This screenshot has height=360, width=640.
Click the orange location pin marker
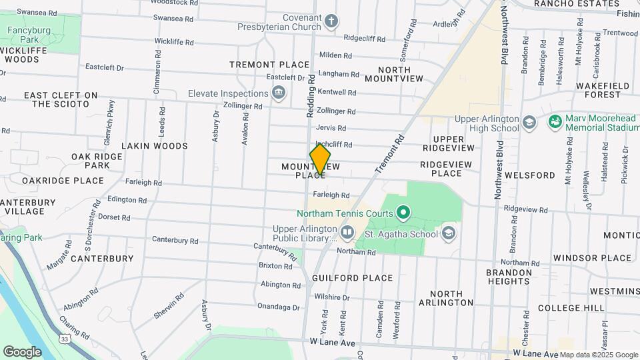click(x=320, y=160)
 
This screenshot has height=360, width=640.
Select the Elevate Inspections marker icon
click(x=279, y=93)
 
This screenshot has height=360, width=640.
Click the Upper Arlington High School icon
click(x=529, y=123)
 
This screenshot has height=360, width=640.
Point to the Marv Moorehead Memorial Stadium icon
click(x=554, y=123)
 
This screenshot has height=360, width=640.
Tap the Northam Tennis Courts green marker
click(x=403, y=213)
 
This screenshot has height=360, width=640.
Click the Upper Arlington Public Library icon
click(x=347, y=233)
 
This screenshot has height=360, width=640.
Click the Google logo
click(x=22, y=351)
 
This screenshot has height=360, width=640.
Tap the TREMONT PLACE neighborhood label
click(x=269, y=65)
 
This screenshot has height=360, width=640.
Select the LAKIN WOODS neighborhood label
click(x=155, y=145)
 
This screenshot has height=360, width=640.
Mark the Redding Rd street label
click(x=311, y=97)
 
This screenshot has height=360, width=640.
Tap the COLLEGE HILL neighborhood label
click(x=569, y=307)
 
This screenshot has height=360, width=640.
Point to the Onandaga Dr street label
click(x=279, y=307)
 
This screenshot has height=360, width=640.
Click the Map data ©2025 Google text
click(x=598, y=355)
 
